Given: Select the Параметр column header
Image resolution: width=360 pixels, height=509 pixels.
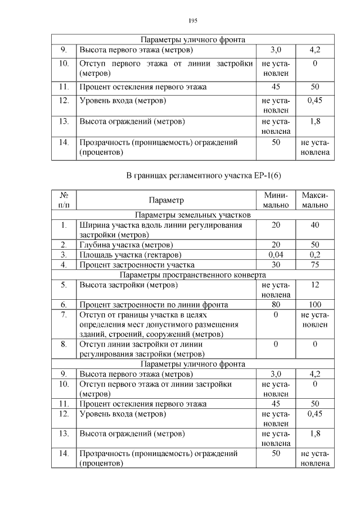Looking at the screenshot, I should click(x=166, y=200).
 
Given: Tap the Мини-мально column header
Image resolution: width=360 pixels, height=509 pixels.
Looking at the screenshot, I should click(x=276, y=200).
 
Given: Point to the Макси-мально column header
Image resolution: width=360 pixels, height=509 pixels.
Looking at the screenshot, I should click(x=314, y=200).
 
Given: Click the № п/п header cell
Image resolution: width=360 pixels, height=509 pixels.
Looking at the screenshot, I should click(x=64, y=200).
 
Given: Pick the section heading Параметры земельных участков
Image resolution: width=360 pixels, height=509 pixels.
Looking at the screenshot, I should click(x=191, y=215).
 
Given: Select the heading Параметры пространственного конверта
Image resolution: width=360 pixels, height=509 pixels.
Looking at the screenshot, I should click(x=191, y=274).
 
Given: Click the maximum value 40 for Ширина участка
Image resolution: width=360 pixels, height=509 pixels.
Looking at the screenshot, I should click(x=314, y=225).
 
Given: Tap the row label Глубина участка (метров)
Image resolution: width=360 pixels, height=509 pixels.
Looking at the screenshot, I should click(x=125, y=245).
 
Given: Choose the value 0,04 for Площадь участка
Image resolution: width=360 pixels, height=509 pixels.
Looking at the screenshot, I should click(x=276, y=255).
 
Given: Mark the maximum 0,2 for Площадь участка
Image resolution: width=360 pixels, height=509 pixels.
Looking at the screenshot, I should click(x=314, y=255).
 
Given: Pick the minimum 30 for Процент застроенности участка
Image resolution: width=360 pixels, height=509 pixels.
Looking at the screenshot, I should click(x=276, y=264).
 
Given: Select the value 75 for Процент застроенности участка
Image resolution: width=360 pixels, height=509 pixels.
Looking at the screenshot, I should click(x=314, y=264).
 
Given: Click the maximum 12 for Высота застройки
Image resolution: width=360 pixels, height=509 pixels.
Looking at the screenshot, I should click(x=314, y=285).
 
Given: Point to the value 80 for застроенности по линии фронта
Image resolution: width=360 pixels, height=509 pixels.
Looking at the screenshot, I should click(x=276, y=304).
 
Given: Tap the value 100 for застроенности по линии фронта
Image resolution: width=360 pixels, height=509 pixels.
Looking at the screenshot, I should click(x=314, y=304).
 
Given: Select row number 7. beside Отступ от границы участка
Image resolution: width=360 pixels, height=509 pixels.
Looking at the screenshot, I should click(x=64, y=314).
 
